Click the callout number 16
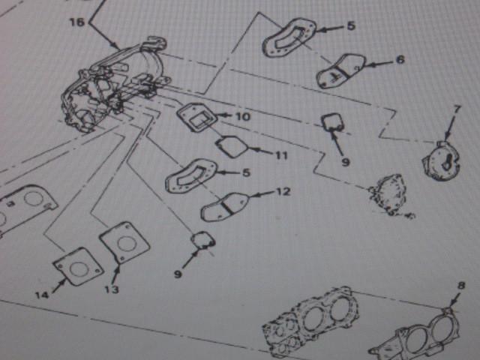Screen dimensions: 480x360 (76, 22)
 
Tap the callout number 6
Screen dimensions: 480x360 (400, 59)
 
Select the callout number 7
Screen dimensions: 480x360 (457, 109)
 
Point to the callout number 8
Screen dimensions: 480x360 (461, 286)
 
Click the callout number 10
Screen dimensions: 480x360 (243, 117)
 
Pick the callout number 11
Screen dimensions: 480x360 (282, 155)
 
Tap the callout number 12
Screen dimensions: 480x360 (283, 192)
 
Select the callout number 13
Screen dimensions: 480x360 (112, 289)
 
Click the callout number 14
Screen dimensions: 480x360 (42, 295)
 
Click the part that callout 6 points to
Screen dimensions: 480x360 (340, 70)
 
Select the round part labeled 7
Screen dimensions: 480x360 (442, 160)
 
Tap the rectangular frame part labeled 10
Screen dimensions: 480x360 (196, 117)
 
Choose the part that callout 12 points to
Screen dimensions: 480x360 (225, 207)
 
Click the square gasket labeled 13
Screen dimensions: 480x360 (124, 242)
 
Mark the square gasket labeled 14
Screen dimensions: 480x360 (78, 267)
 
